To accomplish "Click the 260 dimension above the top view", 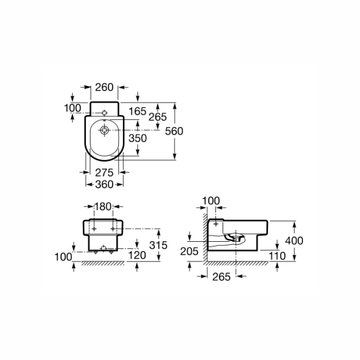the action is (104, 87).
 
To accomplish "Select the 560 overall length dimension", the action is (174, 131).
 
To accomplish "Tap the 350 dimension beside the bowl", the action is (137, 138).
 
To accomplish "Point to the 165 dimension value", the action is (137, 112).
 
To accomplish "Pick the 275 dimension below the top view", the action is (104, 173).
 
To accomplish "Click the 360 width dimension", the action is (104, 184).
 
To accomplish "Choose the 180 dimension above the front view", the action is (103, 206).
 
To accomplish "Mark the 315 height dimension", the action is (158, 245).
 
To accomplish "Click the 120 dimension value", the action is (137, 256).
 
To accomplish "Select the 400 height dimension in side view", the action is (294, 241).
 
